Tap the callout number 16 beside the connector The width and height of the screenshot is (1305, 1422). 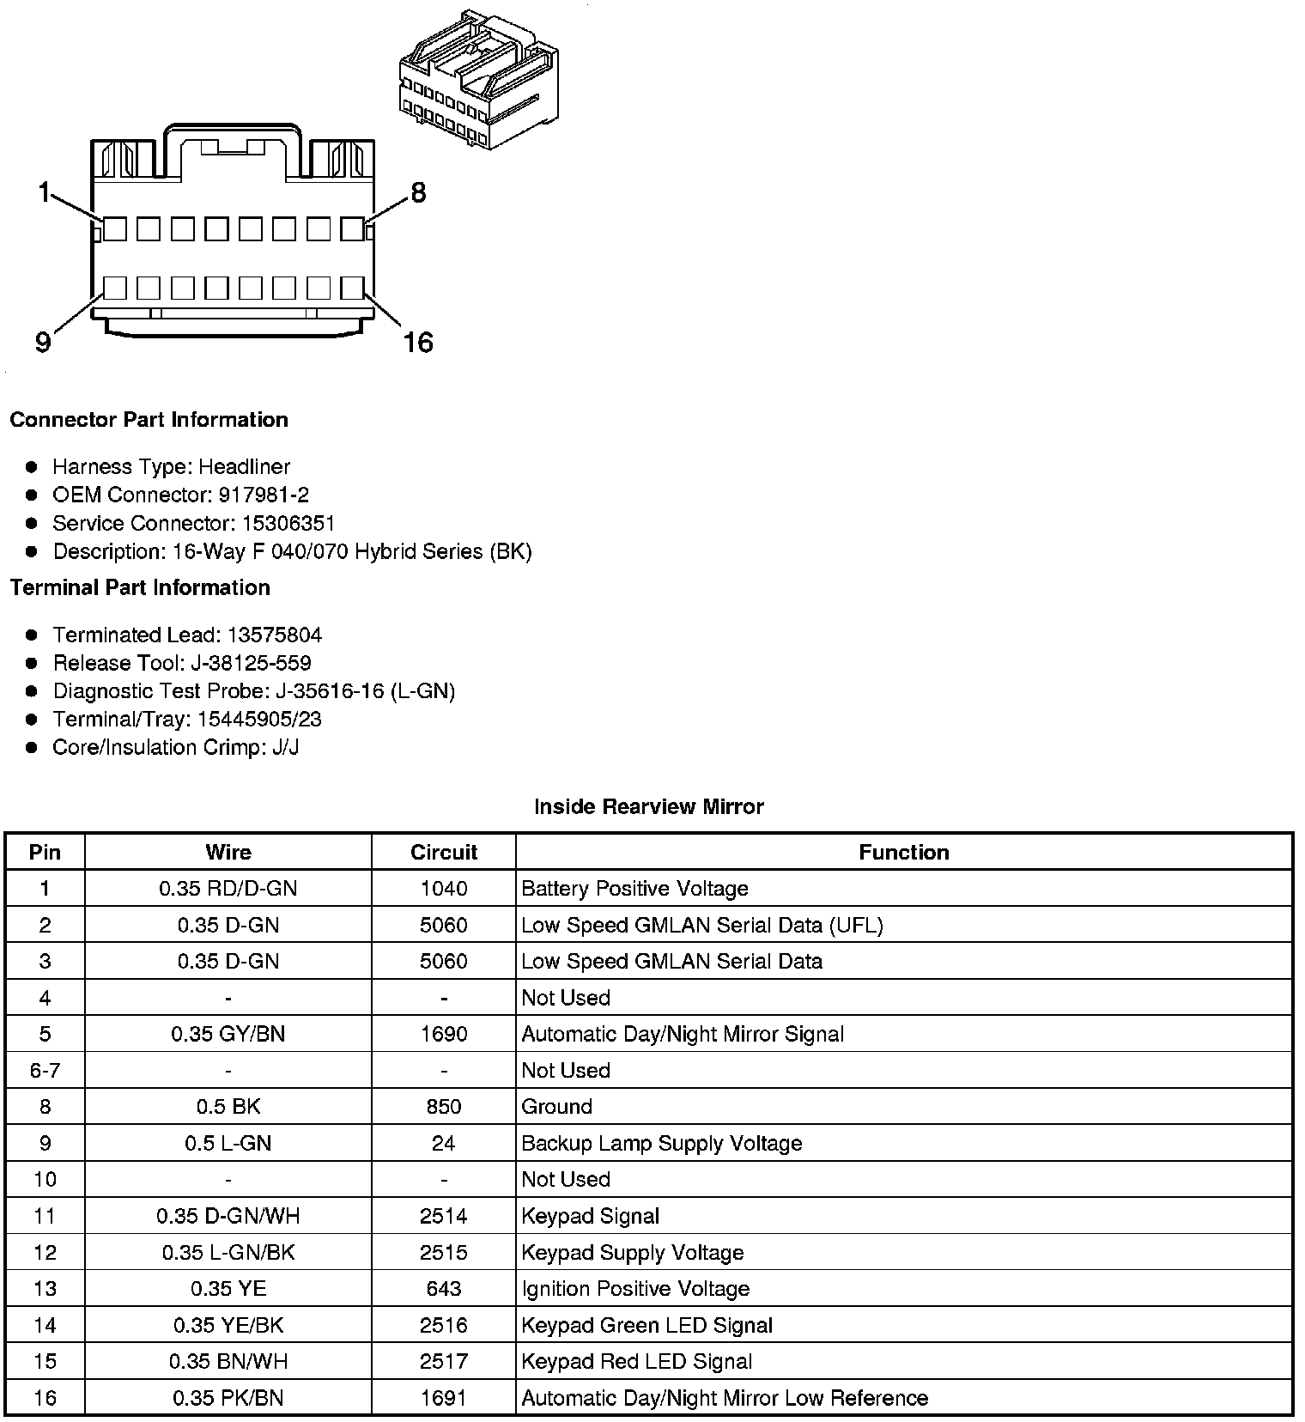[x=418, y=343]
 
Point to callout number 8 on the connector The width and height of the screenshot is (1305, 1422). [x=418, y=192]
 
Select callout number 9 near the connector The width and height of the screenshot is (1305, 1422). [x=43, y=343]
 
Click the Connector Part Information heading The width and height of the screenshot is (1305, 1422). [x=149, y=420]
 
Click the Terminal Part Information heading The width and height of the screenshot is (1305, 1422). [x=140, y=587]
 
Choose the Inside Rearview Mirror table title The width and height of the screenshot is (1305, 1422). [x=648, y=806]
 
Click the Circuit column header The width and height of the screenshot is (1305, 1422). [x=443, y=852]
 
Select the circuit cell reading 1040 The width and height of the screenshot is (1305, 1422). [x=443, y=888]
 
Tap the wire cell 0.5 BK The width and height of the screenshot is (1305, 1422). [x=228, y=1106]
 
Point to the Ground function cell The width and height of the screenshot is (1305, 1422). [x=556, y=1106]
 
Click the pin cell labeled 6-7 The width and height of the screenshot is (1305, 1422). [x=45, y=1070]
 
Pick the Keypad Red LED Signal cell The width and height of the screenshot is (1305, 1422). [x=636, y=1361]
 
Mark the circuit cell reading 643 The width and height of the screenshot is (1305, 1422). [x=443, y=1288]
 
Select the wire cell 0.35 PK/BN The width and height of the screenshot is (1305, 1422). [x=228, y=1398]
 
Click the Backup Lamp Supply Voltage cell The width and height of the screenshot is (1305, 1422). [x=661, y=1143]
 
